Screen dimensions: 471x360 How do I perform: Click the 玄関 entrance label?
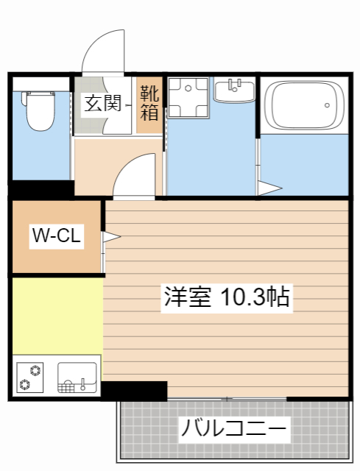pos(102,104)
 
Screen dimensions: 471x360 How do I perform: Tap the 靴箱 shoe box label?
pos(149,103)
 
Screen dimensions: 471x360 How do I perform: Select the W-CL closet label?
pos(56,236)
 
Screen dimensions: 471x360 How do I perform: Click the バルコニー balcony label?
pos(233,428)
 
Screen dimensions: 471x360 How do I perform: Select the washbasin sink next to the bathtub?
pos(234,93)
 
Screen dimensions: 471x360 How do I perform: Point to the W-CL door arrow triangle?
pos(110,237)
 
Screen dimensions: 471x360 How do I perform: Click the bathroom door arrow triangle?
pos(269,188)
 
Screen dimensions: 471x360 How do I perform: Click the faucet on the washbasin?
pos(235,83)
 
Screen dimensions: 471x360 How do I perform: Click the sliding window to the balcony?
pos(227,399)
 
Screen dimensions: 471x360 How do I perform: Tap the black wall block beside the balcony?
pos(135,390)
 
